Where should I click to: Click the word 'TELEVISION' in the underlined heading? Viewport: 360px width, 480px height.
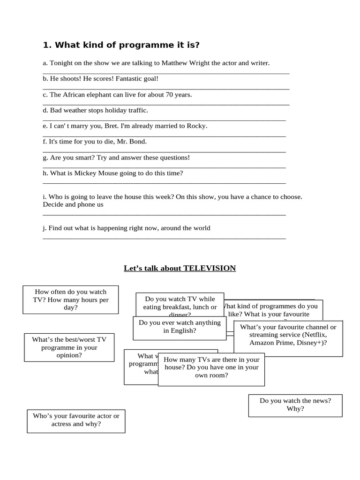point(210,268)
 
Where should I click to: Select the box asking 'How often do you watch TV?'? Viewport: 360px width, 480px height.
point(71,299)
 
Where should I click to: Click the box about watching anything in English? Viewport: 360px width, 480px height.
point(180,327)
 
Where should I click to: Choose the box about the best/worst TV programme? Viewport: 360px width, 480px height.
point(69,347)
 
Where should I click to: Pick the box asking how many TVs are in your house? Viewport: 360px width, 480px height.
point(211,367)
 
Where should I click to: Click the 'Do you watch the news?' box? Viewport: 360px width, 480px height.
point(295,405)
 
